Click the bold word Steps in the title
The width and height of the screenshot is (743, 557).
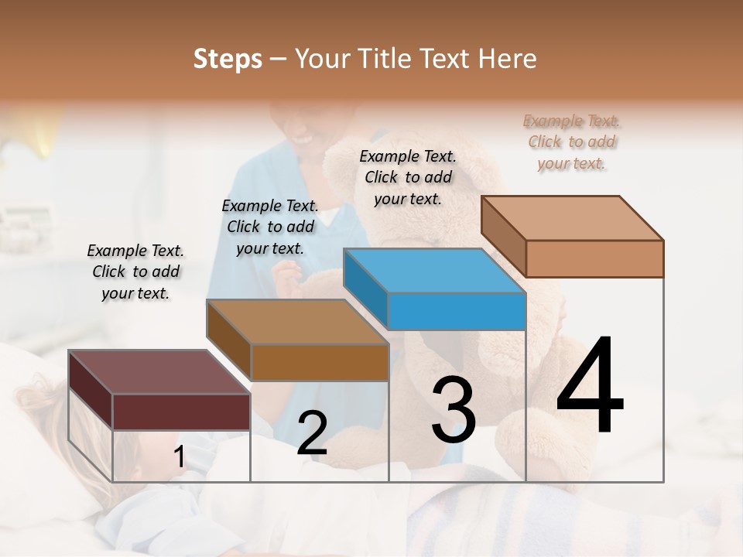(x=228, y=59)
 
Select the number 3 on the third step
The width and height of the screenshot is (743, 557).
(x=454, y=410)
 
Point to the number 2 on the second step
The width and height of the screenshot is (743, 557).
(x=312, y=433)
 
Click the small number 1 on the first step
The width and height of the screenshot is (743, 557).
(x=179, y=457)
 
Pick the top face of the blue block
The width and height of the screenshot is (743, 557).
(x=433, y=271)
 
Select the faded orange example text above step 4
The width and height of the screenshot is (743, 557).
(x=572, y=142)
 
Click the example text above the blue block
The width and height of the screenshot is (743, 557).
(x=408, y=178)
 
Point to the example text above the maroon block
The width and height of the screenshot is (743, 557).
(x=135, y=272)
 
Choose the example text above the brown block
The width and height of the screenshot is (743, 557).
(x=270, y=227)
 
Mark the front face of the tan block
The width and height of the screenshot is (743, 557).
(x=594, y=258)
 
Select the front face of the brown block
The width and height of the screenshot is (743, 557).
(x=320, y=362)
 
